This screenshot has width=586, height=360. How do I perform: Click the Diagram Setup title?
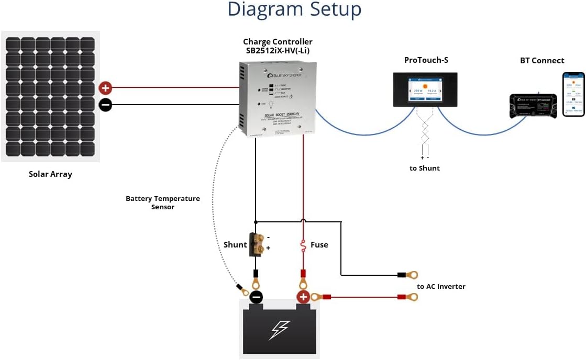pyautogui.click(x=294, y=10)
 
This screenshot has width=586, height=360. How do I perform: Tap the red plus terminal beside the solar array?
pyautogui.click(x=105, y=88)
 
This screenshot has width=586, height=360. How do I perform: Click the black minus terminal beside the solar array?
pyautogui.click(x=105, y=105)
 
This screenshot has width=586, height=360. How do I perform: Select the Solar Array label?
pyautogui.click(x=50, y=174)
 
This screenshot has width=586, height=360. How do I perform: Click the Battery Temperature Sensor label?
pyautogui.click(x=163, y=203)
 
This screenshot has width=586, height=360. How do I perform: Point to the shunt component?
pyautogui.click(x=257, y=244)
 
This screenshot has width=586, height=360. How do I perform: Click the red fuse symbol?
pyautogui.click(x=303, y=244)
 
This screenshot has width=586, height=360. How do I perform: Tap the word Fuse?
pyautogui.click(x=319, y=244)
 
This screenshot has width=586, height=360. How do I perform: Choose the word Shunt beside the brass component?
pyautogui.click(x=235, y=244)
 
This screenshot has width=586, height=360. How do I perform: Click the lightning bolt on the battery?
pyautogui.click(x=279, y=330)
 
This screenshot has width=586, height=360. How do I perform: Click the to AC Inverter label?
pyautogui.click(x=441, y=286)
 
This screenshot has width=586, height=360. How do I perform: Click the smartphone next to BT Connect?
pyautogui.click(x=573, y=94)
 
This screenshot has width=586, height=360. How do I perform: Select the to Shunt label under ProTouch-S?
pyautogui.click(x=425, y=168)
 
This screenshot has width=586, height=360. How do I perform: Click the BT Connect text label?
pyautogui.click(x=542, y=61)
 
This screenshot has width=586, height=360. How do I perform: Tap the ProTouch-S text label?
pyautogui.click(x=426, y=60)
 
